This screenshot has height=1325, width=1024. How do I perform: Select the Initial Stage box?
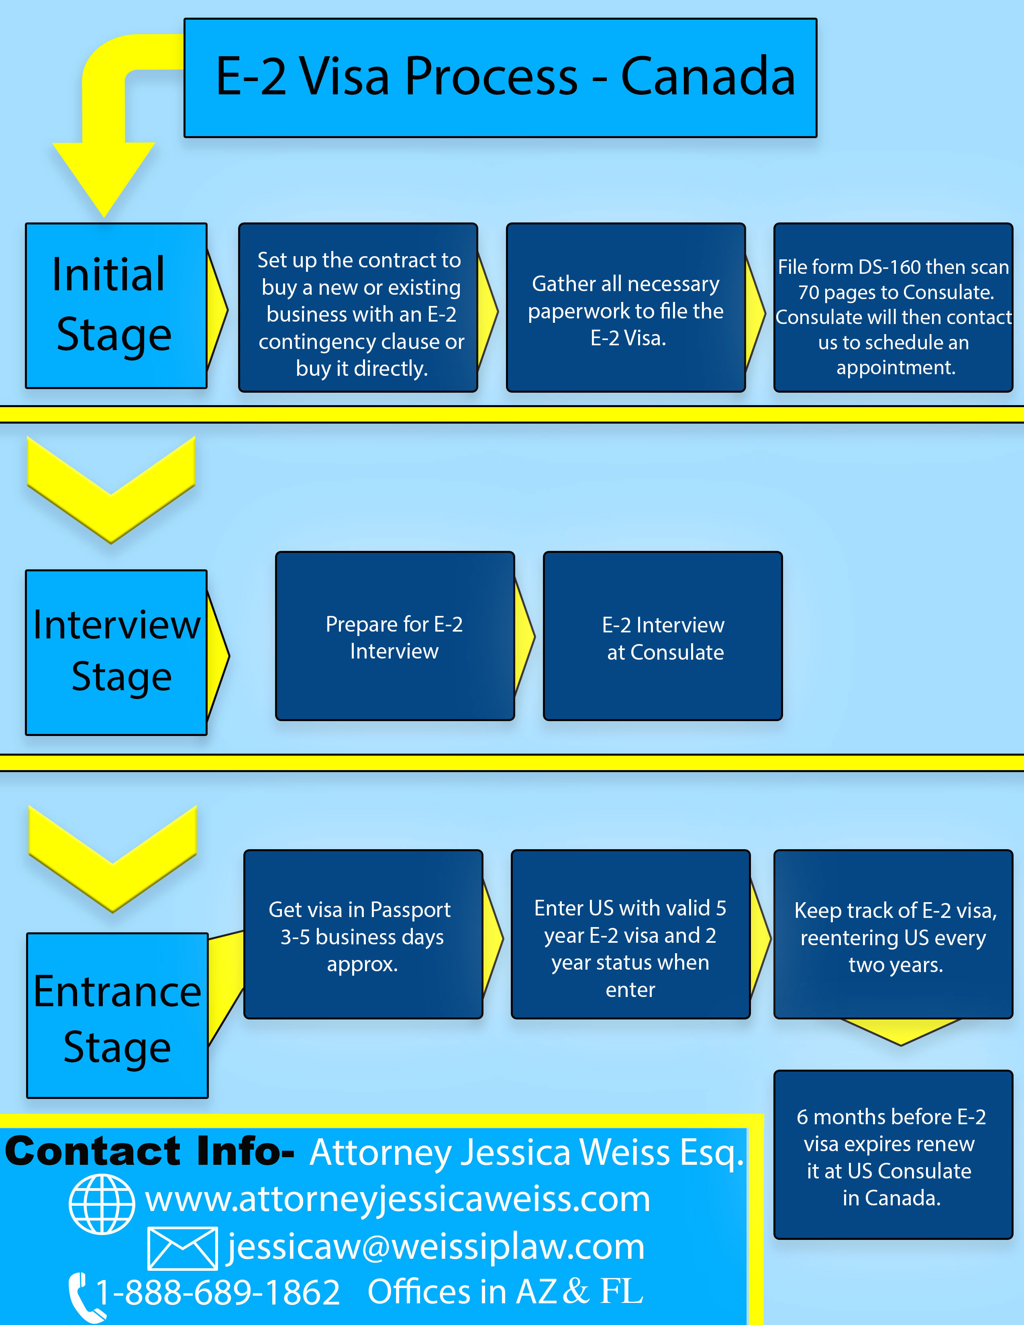click(116, 306)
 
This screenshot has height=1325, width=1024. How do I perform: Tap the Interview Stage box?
click(116, 652)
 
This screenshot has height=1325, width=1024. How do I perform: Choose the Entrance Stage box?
click(117, 1015)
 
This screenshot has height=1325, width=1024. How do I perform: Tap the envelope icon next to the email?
click(183, 1249)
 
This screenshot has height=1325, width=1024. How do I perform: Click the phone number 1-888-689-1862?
click(218, 1292)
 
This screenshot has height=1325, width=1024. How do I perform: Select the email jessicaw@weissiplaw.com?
click(436, 1248)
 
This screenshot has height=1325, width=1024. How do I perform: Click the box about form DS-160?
click(893, 308)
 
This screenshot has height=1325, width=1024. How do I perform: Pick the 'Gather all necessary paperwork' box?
click(625, 308)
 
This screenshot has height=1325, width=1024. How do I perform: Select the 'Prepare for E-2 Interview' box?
click(395, 636)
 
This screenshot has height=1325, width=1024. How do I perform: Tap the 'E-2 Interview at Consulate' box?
click(663, 636)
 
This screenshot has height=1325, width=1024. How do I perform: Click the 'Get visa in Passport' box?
click(363, 934)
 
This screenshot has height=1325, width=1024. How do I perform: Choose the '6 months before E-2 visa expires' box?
click(893, 1154)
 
